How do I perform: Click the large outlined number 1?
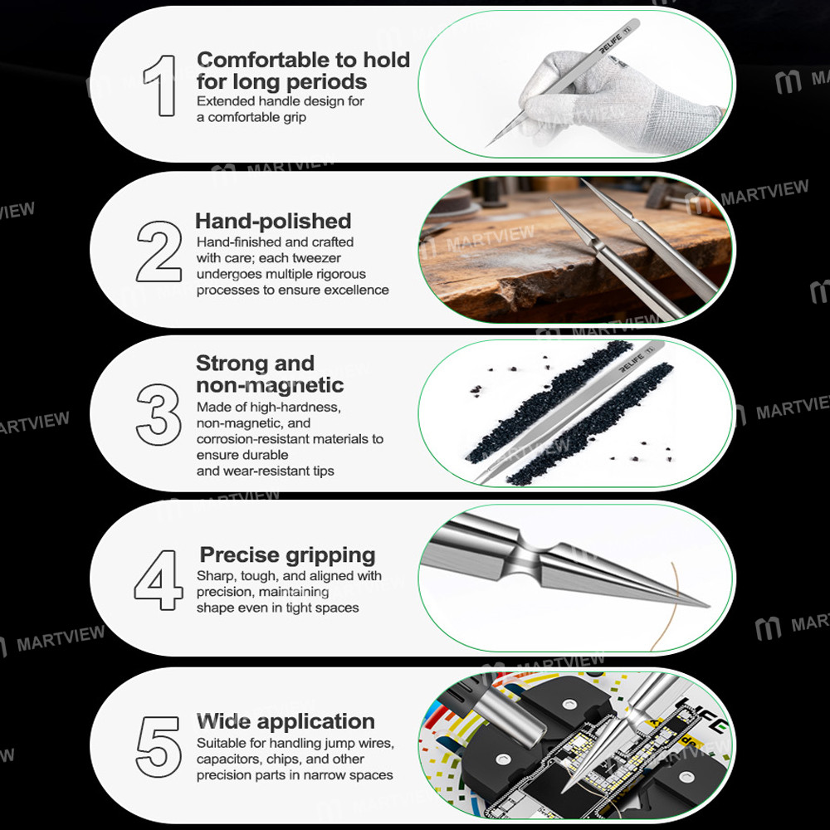point(160,85)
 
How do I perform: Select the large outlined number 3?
point(159,413)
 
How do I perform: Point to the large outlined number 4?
point(159,579)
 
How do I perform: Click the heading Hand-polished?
point(273,222)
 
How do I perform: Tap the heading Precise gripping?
point(287,555)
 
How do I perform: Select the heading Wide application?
point(286,721)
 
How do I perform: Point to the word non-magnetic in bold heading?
point(270,385)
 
